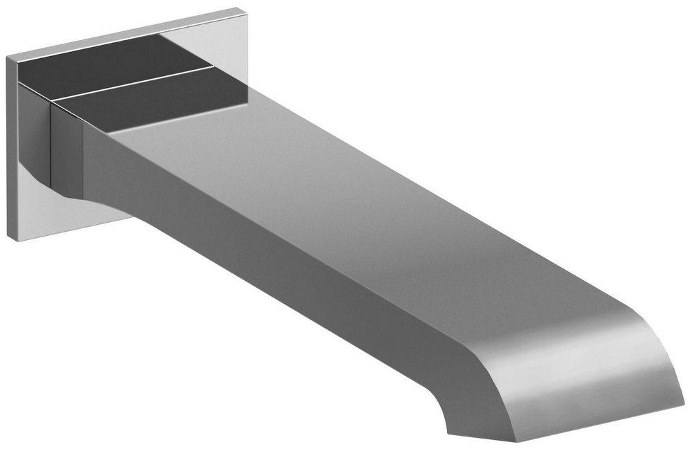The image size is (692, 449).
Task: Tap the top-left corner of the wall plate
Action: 8,58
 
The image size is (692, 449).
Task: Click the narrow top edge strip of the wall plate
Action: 125,31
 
